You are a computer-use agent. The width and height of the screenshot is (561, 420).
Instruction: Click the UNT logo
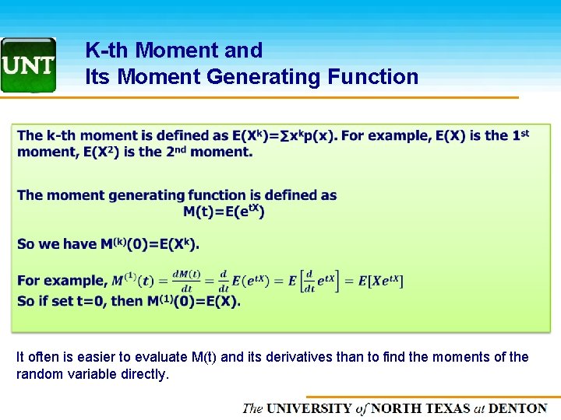28,65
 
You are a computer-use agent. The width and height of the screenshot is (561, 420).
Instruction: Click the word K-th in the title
108,51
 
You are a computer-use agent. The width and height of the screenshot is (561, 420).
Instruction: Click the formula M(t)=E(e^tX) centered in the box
224,211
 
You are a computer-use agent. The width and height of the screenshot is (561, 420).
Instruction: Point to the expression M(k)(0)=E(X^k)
150,244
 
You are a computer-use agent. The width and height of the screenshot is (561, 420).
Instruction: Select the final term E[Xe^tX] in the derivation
380,281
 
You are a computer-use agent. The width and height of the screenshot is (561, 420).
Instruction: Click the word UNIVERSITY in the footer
309,408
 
